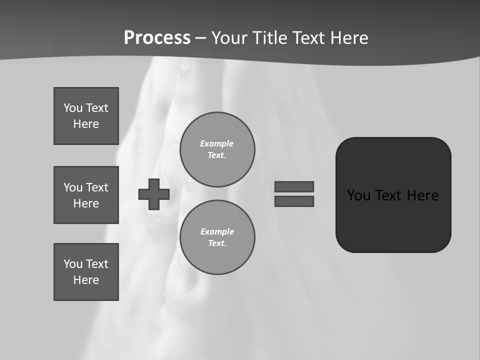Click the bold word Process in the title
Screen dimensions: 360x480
tap(157, 38)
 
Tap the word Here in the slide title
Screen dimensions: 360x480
tap(348, 38)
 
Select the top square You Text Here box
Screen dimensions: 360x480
tap(86, 116)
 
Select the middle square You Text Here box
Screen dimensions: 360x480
tap(86, 195)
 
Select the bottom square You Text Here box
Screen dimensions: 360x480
tap(86, 272)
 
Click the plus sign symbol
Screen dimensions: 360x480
tap(154, 194)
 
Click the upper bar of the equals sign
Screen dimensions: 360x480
tap(294, 186)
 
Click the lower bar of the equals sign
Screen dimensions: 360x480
tap(294, 201)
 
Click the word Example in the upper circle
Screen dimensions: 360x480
tap(217, 143)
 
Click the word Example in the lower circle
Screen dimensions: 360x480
tap(217, 231)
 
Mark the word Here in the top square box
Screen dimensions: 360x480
tap(86, 124)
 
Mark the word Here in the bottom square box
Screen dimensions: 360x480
tap(86, 280)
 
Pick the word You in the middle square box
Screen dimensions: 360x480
tap(72, 187)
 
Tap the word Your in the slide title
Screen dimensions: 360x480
tap(228, 38)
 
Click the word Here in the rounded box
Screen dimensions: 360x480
tap(422, 195)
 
